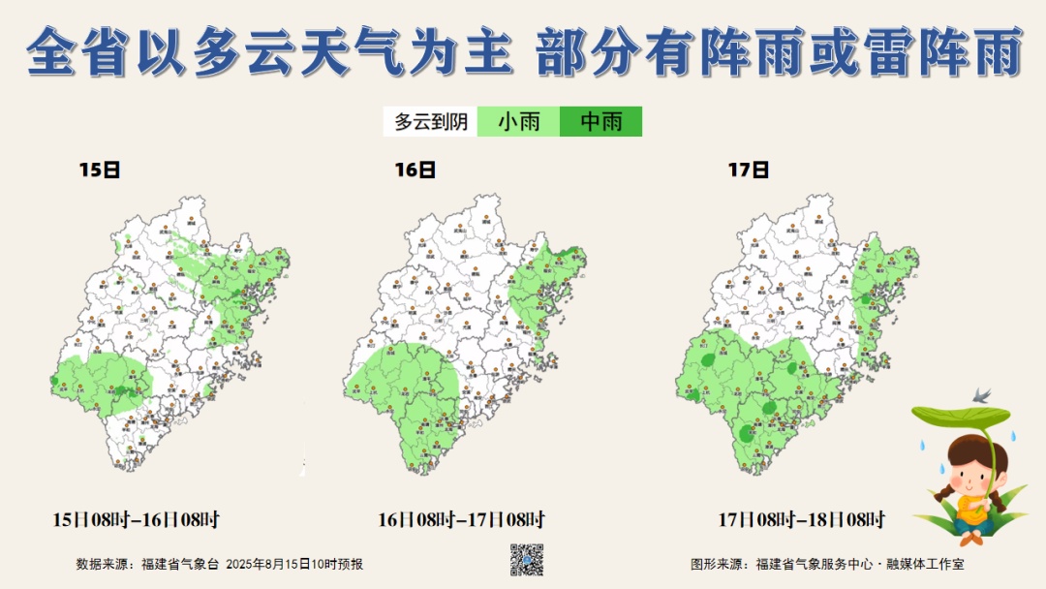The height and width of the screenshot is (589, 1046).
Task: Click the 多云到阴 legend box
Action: pos(431,122)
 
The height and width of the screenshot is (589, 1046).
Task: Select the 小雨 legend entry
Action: pos(518,122)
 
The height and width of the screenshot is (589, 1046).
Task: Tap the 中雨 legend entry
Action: pos(600,122)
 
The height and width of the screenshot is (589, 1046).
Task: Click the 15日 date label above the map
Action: pos(100,170)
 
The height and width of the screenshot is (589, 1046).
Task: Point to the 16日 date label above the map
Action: pos(415,170)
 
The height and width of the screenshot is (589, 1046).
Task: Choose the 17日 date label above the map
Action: pos(748,170)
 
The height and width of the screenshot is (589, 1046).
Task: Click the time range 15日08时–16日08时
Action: pos(142,519)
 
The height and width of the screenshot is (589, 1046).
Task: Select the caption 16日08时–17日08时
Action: pos(461,519)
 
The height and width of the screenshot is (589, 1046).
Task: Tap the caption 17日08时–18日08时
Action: pos(802,519)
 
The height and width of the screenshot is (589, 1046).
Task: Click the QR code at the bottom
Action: pos(527,560)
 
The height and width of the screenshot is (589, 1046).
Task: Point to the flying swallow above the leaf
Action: pos(984,395)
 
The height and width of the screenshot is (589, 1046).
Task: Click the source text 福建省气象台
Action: pos(180,564)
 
